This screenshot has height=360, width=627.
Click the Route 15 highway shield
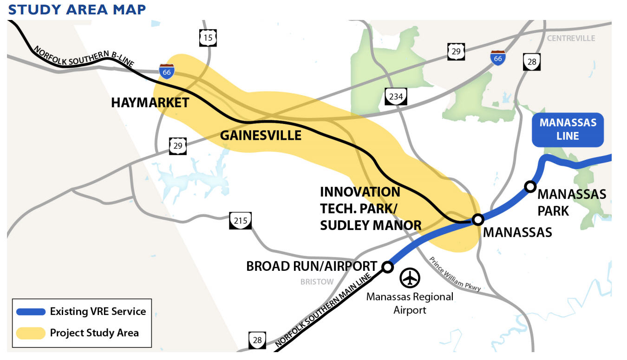point(208,38)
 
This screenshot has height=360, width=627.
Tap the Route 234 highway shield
point(396,97)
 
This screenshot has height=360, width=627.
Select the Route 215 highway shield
point(240,220)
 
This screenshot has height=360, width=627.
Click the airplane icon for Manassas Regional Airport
point(410,278)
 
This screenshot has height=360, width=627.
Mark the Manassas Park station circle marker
point(529,186)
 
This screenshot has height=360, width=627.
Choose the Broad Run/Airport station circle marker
point(387,267)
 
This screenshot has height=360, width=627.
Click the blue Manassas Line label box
point(568,130)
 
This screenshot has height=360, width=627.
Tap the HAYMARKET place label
point(150,103)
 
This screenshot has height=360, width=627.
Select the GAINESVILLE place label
point(261,135)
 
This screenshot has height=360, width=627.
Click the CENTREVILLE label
point(571,38)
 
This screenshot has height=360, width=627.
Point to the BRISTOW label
point(317,281)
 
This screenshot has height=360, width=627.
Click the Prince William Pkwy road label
point(455,275)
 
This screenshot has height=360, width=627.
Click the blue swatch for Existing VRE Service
point(31,312)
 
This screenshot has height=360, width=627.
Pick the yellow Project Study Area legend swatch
point(31,333)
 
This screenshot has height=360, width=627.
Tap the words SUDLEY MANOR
point(371,225)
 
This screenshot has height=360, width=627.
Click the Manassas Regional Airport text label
point(410,303)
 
